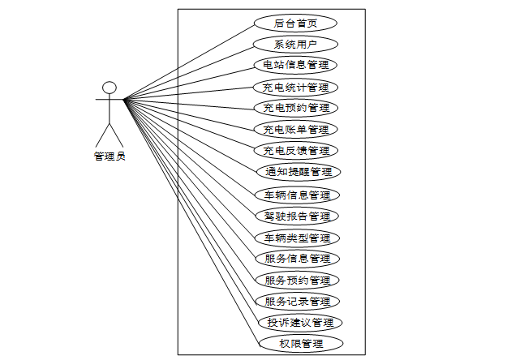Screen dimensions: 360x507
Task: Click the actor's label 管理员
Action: [x=110, y=156]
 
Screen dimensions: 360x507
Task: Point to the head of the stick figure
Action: [x=110, y=88]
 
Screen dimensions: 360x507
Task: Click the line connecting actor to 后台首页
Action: [x=188, y=62]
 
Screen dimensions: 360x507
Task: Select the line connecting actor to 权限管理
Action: [x=191, y=221]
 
